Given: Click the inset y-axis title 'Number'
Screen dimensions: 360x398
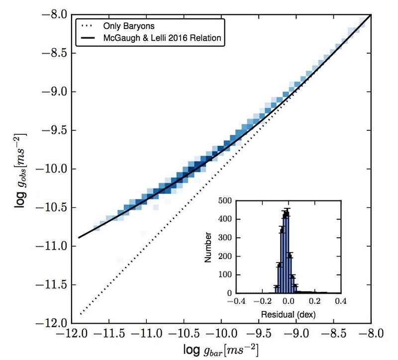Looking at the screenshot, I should (211, 247).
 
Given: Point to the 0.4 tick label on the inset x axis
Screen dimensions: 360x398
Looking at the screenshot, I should (340, 301).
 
